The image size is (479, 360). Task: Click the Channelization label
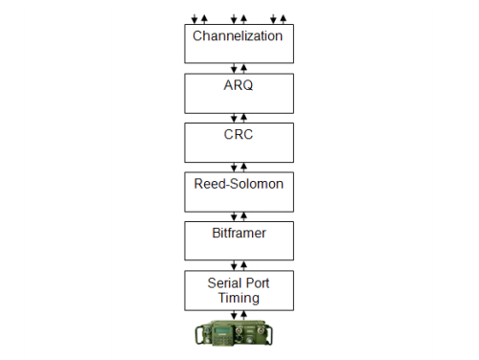click(x=238, y=36)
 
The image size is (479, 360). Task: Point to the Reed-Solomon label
click(x=238, y=182)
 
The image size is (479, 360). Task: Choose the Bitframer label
click(x=238, y=232)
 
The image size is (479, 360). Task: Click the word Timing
click(x=238, y=298)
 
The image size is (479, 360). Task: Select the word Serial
click(x=223, y=283)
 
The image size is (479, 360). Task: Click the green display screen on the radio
click(x=219, y=332)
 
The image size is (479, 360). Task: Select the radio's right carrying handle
click(x=277, y=334)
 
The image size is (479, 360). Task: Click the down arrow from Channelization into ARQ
click(x=234, y=68)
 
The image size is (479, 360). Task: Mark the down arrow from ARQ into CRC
click(x=234, y=118)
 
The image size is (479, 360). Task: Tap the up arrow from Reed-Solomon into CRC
click(x=243, y=167)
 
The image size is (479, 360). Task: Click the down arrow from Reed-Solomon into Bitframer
click(x=234, y=216)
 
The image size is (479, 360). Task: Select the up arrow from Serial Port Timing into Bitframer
click(x=243, y=266)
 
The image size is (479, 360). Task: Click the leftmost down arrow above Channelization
click(x=194, y=18)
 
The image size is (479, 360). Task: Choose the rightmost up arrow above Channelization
click(x=284, y=17)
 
